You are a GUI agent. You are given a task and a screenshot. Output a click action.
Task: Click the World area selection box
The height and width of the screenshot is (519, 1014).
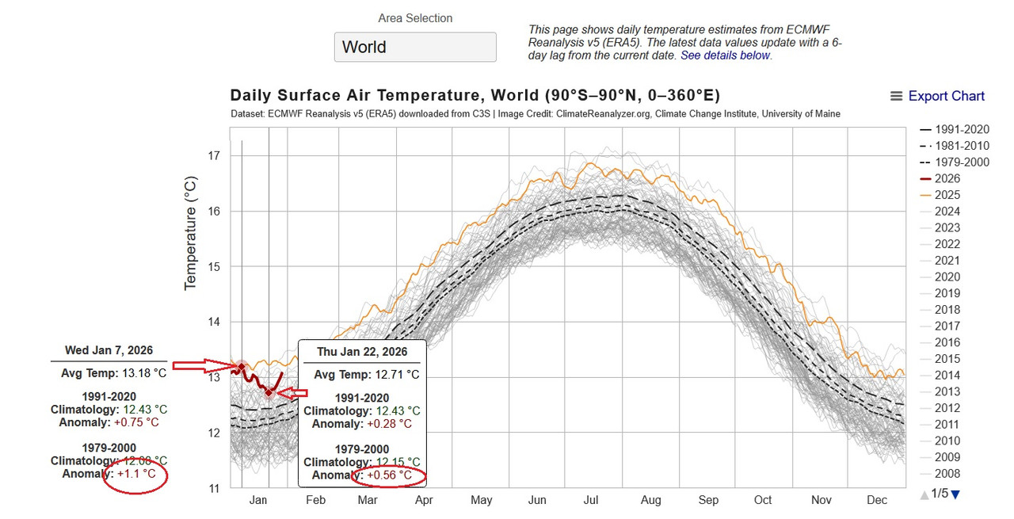pyautogui.click(x=415, y=47)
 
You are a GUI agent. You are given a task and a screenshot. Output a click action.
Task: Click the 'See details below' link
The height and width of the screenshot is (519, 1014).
pyautogui.click(x=726, y=55)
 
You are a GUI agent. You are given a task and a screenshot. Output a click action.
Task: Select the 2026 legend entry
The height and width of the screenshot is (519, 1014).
pyautogui.click(x=947, y=178)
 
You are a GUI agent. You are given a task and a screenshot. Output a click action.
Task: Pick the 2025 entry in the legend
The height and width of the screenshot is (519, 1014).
pyautogui.click(x=947, y=195)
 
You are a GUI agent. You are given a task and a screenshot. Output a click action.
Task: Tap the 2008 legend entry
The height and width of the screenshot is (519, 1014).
pyautogui.click(x=947, y=474)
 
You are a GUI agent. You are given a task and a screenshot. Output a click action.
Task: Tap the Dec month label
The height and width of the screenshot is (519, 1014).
pyautogui.click(x=877, y=500)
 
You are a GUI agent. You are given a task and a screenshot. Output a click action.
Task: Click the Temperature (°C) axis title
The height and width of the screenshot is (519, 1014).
pyautogui.click(x=191, y=233)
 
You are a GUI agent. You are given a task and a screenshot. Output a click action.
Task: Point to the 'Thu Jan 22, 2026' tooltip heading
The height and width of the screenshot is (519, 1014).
pyautogui.click(x=362, y=352)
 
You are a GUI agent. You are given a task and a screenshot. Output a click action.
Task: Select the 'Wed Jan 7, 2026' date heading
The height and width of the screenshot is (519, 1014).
pyautogui.click(x=109, y=350)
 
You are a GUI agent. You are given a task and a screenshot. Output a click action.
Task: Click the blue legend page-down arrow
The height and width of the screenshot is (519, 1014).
pyautogui.click(x=955, y=494)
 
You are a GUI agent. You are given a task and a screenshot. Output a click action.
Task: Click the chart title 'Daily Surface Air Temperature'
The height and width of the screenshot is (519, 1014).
pyautogui.click(x=353, y=96)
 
